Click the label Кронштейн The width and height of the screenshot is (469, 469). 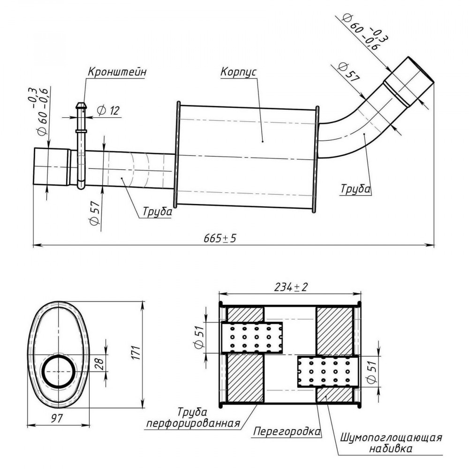pos(117,72)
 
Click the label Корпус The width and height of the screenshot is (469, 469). pos(238,72)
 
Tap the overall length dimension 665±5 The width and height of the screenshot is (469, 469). pos(220,238)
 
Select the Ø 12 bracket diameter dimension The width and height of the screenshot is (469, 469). pos(108,111)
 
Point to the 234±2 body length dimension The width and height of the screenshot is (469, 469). pos(291,287)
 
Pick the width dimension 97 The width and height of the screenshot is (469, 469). pos(57,418)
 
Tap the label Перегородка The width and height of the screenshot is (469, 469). pos(287,431)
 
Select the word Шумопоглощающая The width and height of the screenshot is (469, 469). pos(391,438)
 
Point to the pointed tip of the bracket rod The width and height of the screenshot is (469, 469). pos(81,103)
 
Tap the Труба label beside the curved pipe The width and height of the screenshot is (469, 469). pos(356,189)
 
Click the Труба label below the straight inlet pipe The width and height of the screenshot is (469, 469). pos(157,211)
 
